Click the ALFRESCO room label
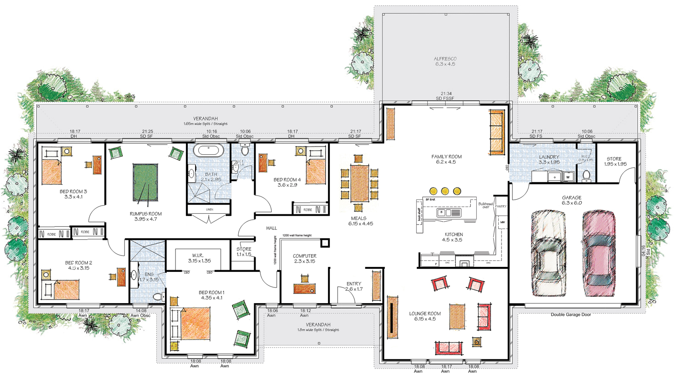[x=445, y=61]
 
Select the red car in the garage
[x=598, y=253]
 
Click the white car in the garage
[x=549, y=253]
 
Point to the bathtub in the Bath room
[x=209, y=151]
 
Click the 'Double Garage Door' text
[x=571, y=315]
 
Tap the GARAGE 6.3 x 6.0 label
[x=572, y=200]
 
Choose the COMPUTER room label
[x=305, y=259]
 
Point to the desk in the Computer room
[x=305, y=288]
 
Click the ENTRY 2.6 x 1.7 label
[x=354, y=286]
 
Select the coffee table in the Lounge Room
[x=457, y=316]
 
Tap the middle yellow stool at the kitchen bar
[x=445, y=190]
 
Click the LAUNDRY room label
[x=549, y=159]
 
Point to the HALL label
[x=272, y=228]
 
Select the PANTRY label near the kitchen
[x=501, y=206]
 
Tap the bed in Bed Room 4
[x=315, y=171]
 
